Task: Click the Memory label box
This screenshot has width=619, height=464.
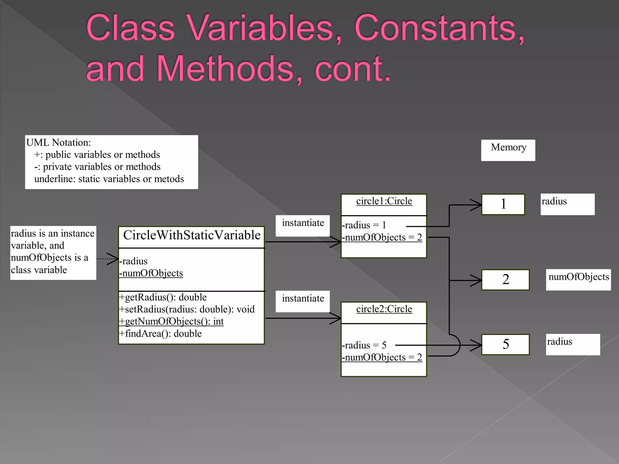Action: (x=508, y=150)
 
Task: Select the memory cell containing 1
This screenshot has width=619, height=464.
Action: (x=503, y=204)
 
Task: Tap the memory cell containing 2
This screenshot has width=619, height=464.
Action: (x=505, y=280)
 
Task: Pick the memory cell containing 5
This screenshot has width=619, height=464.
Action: (x=505, y=344)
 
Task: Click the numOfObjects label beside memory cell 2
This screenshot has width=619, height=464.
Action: (x=578, y=277)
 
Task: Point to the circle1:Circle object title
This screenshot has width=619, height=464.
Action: (x=384, y=201)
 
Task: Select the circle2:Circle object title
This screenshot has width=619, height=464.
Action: (x=384, y=309)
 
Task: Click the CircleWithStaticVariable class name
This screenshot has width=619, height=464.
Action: (x=192, y=235)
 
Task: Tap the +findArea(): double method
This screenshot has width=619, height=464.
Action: (x=160, y=333)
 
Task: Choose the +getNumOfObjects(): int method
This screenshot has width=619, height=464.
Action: (x=171, y=321)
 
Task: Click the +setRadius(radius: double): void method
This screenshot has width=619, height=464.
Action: (x=187, y=309)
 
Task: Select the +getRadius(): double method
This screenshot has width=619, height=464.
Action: (x=163, y=297)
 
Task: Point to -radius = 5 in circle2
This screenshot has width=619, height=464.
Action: (x=364, y=345)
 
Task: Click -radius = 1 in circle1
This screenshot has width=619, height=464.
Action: (x=364, y=225)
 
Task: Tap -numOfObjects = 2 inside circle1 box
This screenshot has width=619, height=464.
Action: (x=382, y=237)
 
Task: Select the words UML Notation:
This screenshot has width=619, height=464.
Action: (x=59, y=143)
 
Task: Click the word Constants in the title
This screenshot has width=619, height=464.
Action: (x=439, y=28)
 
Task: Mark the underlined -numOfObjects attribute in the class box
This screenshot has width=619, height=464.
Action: (x=151, y=273)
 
